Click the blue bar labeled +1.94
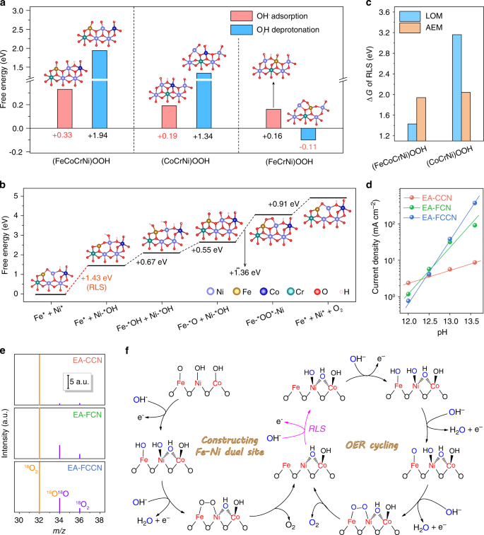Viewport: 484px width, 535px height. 100,88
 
